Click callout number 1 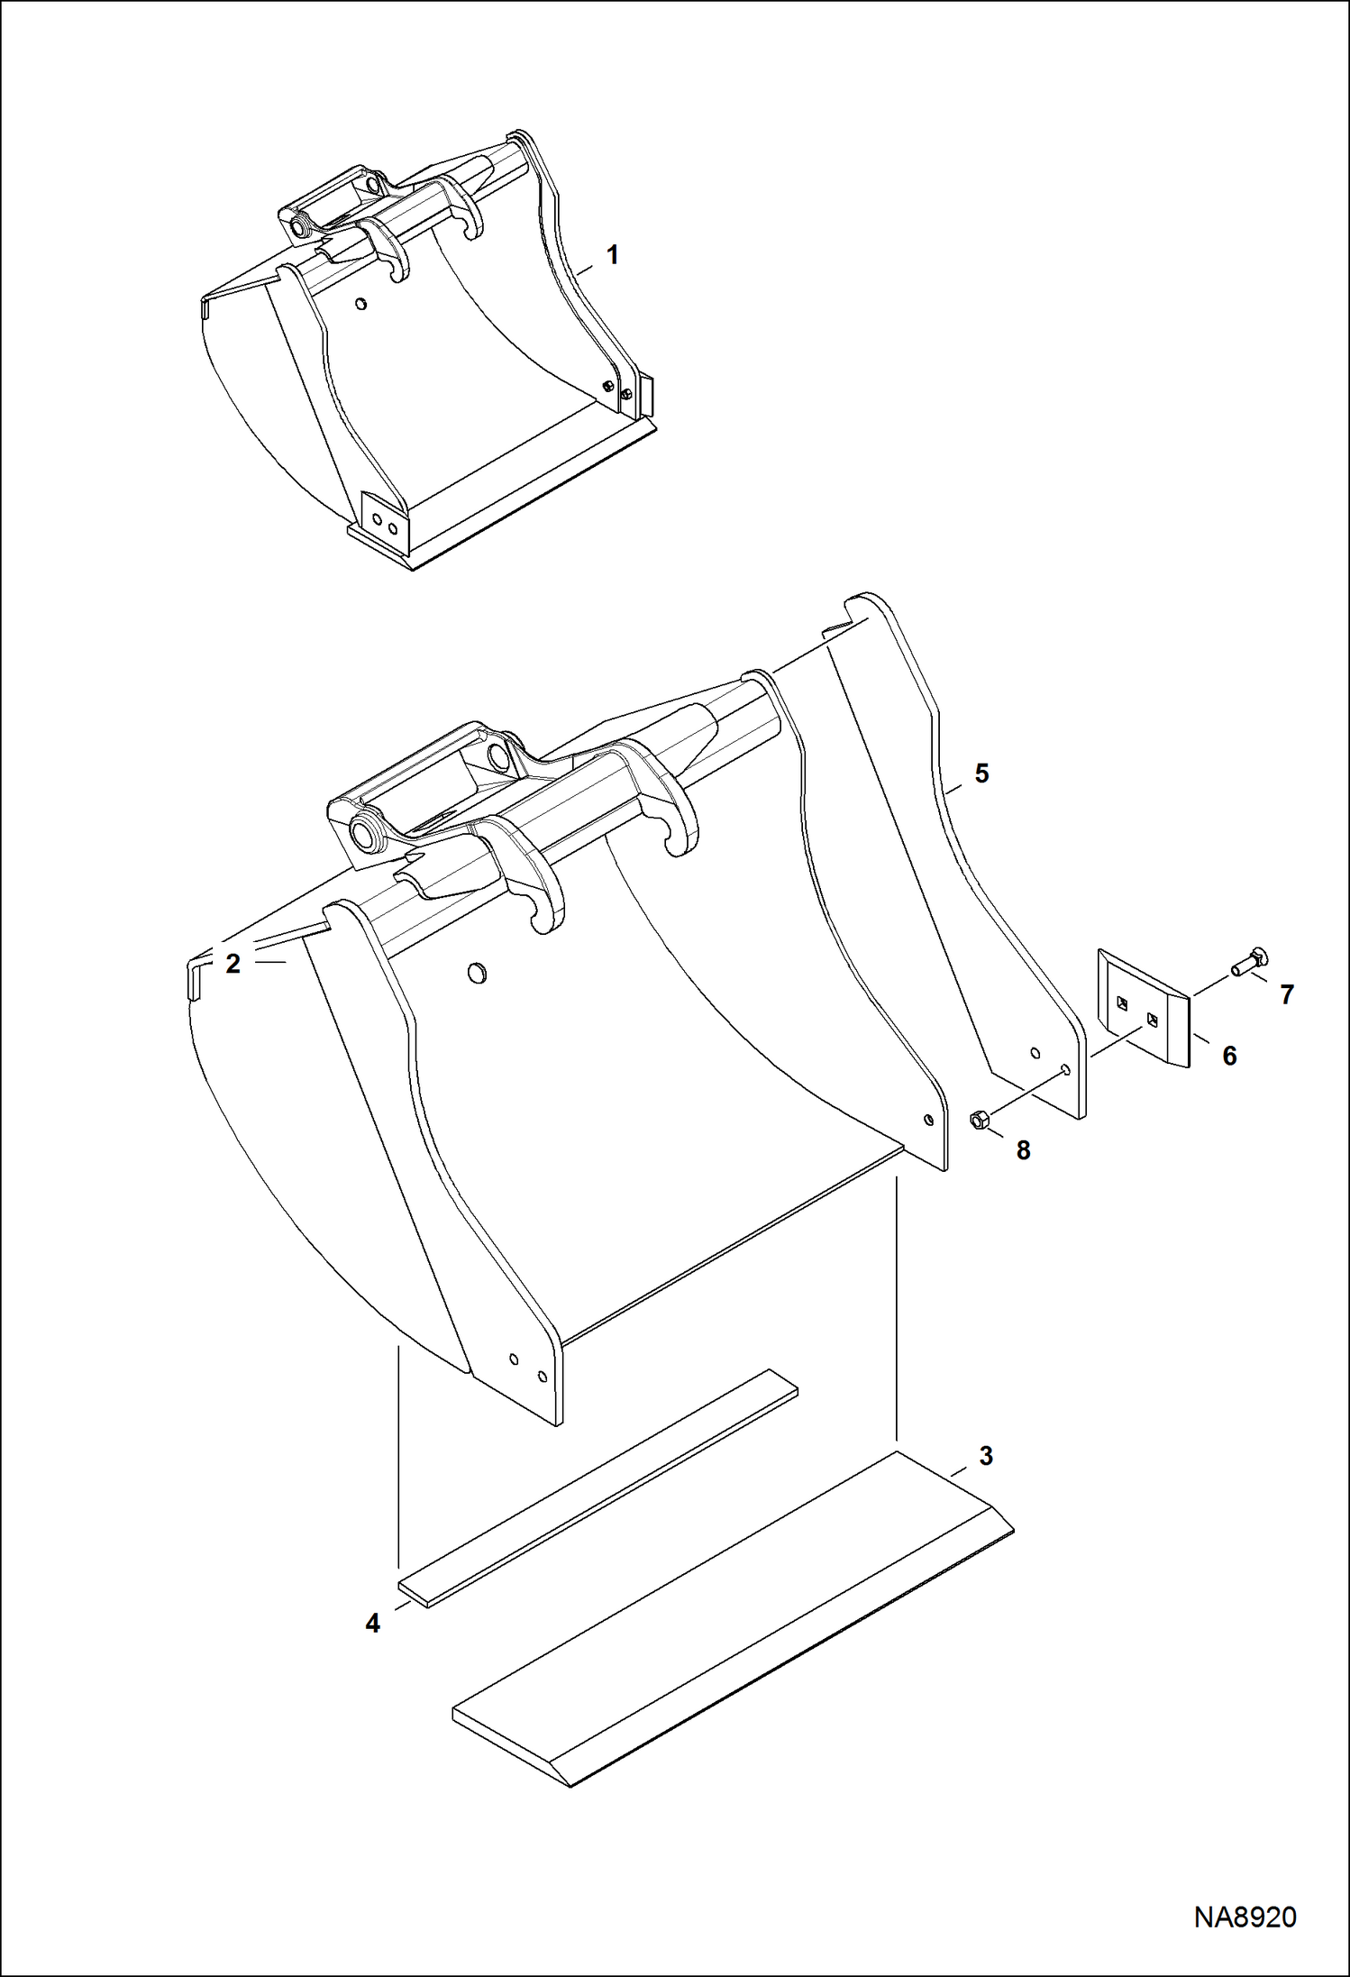[x=613, y=255]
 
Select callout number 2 [x=233, y=964]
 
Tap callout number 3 [x=985, y=1455]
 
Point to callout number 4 [x=373, y=1623]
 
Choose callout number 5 [x=981, y=773]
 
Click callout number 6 [x=1229, y=1055]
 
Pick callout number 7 [x=1286, y=994]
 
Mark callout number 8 [x=1023, y=1150]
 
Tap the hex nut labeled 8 [x=980, y=1121]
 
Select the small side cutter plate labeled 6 [x=1143, y=1008]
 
